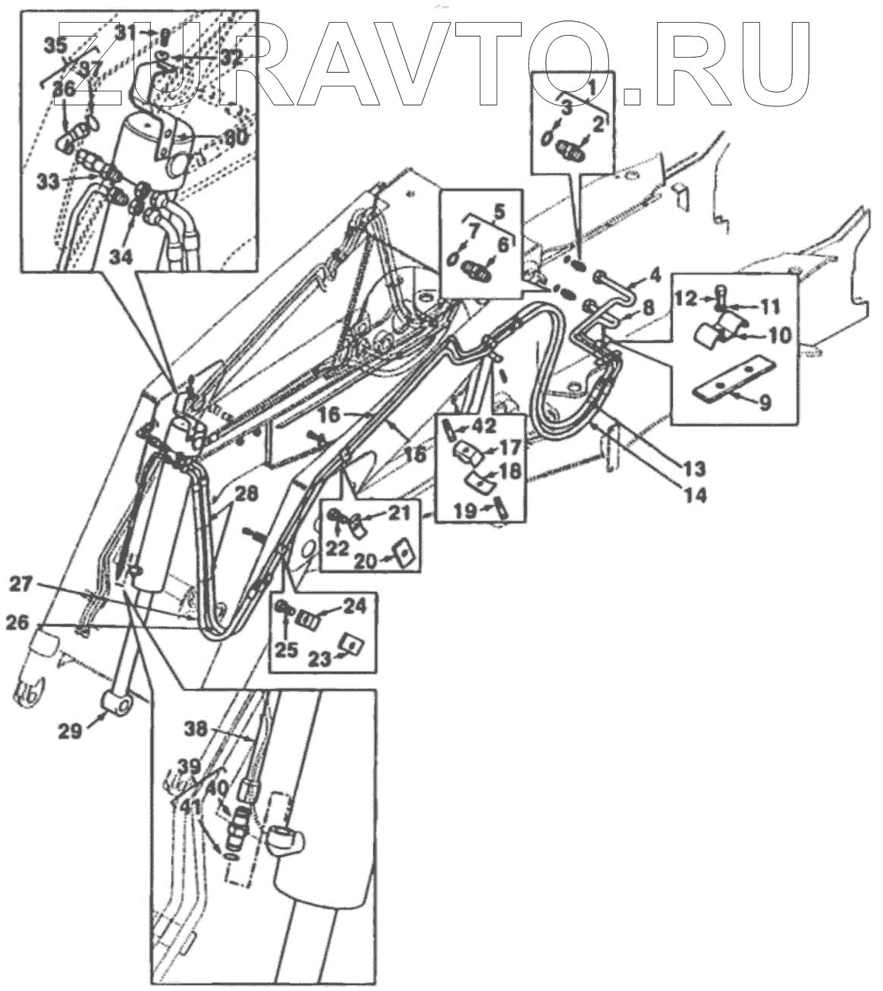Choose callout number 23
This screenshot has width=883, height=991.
click(319, 659)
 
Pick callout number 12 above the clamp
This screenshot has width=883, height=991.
click(685, 298)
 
